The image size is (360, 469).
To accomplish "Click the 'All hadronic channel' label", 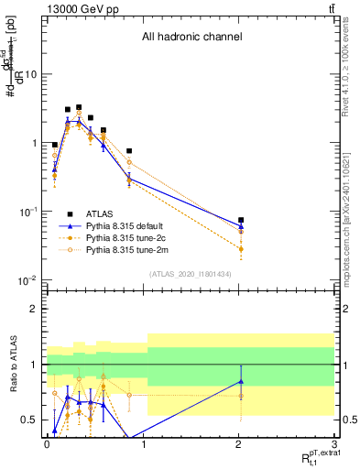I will click(x=191, y=38).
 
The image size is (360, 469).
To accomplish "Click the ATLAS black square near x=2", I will click(x=241, y=220).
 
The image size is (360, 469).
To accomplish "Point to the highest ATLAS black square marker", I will click(x=79, y=107).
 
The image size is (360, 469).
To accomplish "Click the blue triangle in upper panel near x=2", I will click(x=241, y=226).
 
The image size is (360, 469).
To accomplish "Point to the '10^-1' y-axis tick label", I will click(x=29, y=212).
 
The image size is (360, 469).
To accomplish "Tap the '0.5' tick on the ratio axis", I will click(x=33, y=420).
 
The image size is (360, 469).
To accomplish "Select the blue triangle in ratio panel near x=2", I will click(x=241, y=381).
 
